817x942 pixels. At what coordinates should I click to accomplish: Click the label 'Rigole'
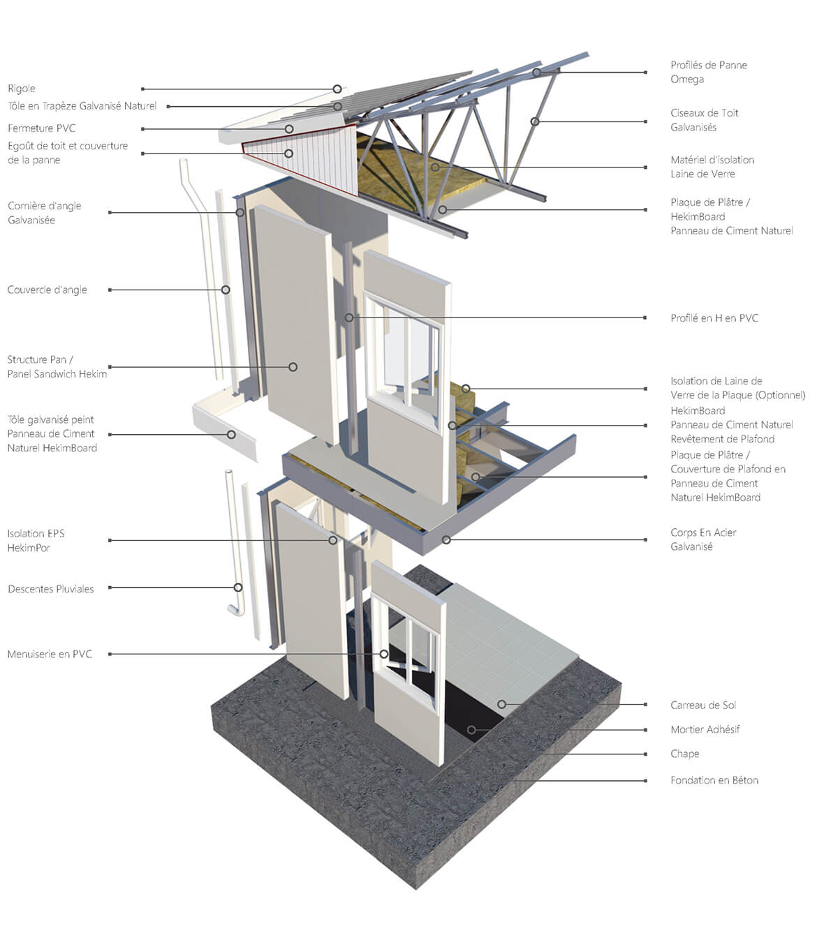[22, 89]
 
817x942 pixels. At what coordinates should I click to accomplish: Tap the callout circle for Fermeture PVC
[289, 129]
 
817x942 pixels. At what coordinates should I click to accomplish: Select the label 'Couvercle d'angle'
[47, 290]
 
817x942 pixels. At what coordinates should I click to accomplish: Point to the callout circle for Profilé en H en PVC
[349, 317]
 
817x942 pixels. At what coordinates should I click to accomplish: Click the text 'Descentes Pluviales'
[51, 589]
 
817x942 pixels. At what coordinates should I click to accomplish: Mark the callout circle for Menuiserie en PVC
[383, 654]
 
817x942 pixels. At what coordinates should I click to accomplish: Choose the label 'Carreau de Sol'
[703, 705]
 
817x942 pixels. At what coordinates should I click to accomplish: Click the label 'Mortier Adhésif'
[705, 729]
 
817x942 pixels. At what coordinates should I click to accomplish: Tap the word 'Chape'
[685, 754]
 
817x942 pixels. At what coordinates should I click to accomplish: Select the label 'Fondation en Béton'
[714, 780]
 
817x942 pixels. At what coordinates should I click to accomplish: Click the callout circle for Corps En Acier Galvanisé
[446, 540]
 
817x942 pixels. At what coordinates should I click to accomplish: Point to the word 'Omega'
[687, 80]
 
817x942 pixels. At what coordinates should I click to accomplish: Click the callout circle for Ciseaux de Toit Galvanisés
[535, 121]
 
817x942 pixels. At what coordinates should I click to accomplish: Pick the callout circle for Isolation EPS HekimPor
[333, 540]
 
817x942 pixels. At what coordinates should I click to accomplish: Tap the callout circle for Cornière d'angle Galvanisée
[240, 212]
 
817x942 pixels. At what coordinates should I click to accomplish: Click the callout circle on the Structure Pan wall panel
[293, 367]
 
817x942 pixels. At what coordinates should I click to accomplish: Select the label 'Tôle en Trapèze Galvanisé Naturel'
[82, 106]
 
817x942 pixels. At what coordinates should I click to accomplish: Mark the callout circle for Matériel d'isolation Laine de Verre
[435, 167]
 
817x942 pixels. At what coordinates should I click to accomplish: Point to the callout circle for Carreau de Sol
[501, 704]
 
